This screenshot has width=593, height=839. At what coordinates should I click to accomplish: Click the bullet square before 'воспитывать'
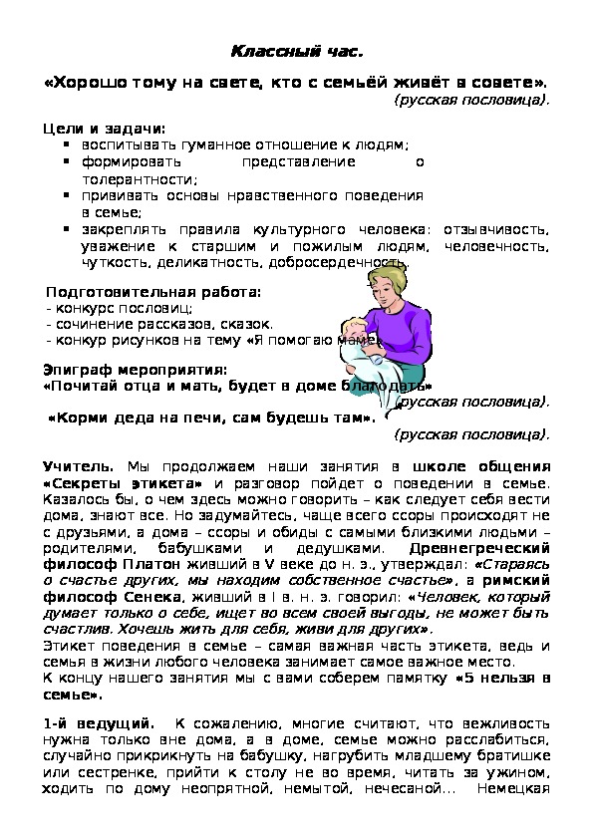click(67, 145)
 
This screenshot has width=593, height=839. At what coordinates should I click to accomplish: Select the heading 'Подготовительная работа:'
click(153, 293)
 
